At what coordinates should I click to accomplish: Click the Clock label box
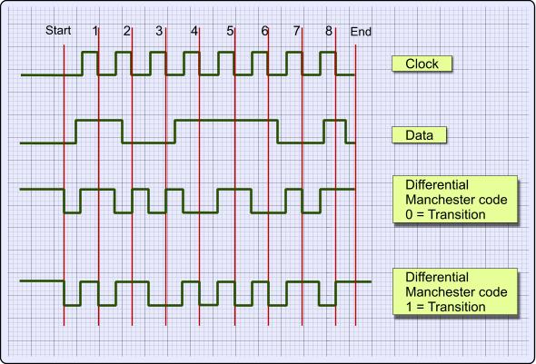pos(422,64)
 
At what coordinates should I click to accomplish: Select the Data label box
pos(419,135)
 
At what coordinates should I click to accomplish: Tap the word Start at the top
pos(58,30)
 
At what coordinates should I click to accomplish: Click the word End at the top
pos(361,32)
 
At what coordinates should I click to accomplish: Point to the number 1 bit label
pos(95,31)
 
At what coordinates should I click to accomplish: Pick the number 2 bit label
pos(127,31)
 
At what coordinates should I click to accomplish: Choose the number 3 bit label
pos(159,31)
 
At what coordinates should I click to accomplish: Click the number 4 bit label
pos(194,31)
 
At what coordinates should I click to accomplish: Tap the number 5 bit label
pos(230,31)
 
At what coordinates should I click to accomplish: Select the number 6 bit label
pos(264,31)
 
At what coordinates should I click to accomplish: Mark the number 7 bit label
pos(296,31)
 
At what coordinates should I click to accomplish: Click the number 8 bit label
pos(329,31)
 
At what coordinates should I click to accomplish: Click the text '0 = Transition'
pos(445,214)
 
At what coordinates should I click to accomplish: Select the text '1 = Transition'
pos(445,307)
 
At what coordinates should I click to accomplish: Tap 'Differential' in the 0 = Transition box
pos(437,185)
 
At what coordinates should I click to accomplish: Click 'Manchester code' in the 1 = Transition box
pos(456,292)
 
